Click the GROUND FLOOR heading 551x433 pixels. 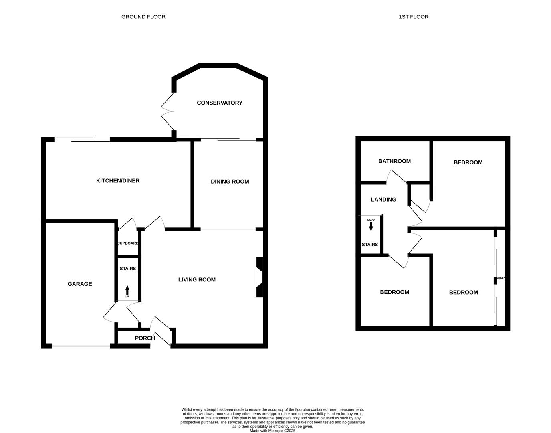click(x=143, y=17)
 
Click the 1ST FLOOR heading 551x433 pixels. click(x=413, y=17)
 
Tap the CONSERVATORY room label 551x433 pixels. click(x=219, y=103)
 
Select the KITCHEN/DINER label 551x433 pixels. click(x=118, y=181)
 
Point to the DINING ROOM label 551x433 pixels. click(x=230, y=182)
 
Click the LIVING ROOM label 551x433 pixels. click(x=197, y=280)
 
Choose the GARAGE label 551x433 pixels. click(x=80, y=284)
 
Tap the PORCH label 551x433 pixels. click(x=145, y=338)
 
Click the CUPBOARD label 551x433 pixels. click(x=128, y=243)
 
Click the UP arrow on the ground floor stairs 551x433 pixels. click(x=127, y=290)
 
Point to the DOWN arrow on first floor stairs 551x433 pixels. click(x=371, y=226)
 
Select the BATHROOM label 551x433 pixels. click(x=394, y=161)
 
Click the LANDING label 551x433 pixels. click(x=383, y=200)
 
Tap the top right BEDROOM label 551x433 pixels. click(x=468, y=162)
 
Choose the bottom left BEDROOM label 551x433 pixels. click(x=394, y=292)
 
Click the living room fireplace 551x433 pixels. click(x=259, y=277)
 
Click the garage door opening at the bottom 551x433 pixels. click(x=81, y=346)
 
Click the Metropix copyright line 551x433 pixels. click(x=272, y=431)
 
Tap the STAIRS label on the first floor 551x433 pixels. click(x=369, y=245)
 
